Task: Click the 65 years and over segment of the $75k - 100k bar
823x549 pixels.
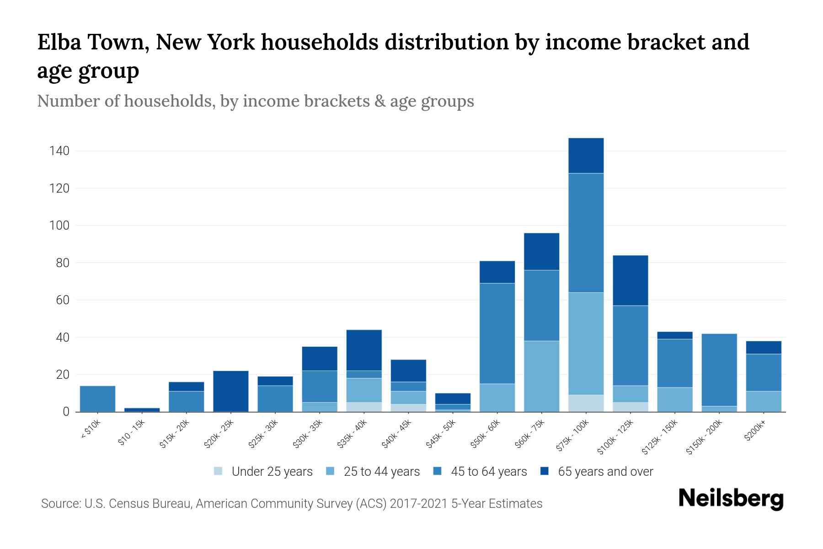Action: click(586, 156)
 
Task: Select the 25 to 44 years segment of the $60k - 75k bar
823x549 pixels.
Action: click(541, 376)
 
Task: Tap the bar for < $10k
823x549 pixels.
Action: click(97, 398)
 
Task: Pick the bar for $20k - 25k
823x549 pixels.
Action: click(231, 391)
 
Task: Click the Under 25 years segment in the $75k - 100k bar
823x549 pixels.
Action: click(586, 403)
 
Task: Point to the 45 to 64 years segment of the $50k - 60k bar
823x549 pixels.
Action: click(497, 333)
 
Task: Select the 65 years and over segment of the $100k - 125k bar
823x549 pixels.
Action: click(630, 280)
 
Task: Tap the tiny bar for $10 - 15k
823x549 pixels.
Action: click(142, 409)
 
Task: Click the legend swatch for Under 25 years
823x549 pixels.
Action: click(219, 471)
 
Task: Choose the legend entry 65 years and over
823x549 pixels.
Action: click(605, 471)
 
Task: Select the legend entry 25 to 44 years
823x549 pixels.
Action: click(381, 471)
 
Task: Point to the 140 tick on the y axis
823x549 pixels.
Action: click(59, 151)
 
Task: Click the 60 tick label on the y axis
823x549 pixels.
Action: click(63, 300)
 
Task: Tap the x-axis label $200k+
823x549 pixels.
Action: click(754, 431)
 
